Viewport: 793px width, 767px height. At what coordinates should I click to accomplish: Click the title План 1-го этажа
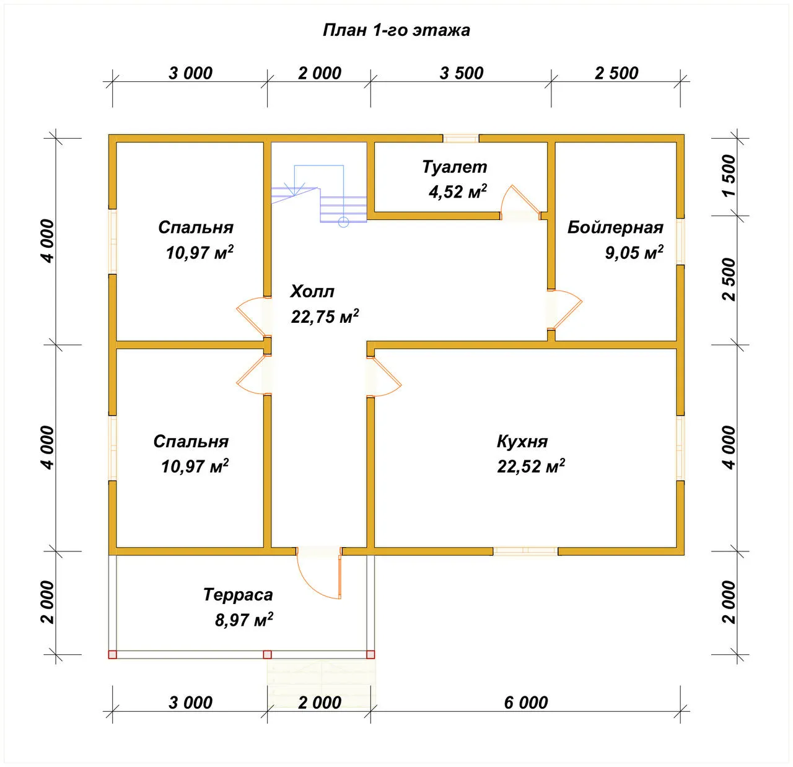click(396, 30)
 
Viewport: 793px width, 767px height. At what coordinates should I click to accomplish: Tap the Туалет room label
click(454, 167)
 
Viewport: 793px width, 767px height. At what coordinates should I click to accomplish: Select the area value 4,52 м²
click(458, 191)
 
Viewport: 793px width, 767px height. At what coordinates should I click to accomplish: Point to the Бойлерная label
click(615, 227)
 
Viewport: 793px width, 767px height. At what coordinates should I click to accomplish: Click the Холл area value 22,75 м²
click(325, 316)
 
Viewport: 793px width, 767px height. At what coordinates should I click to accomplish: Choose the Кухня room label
click(522, 442)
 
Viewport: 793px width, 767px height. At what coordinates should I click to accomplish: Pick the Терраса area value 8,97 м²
click(243, 620)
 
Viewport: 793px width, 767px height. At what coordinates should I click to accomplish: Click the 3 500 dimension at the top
click(462, 73)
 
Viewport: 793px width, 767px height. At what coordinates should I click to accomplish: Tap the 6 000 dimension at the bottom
click(526, 703)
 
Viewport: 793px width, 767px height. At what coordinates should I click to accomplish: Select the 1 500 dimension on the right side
click(729, 175)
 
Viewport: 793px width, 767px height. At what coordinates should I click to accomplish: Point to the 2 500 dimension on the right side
click(729, 279)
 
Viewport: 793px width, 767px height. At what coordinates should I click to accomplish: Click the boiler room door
click(565, 309)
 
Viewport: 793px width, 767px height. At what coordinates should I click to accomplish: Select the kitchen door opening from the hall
click(384, 377)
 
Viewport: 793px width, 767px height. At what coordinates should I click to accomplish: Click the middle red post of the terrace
click(267, 654)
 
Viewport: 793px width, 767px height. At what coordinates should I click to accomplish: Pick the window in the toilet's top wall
click(461, 138)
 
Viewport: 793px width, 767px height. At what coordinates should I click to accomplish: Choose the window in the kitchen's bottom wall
click(526, 551)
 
